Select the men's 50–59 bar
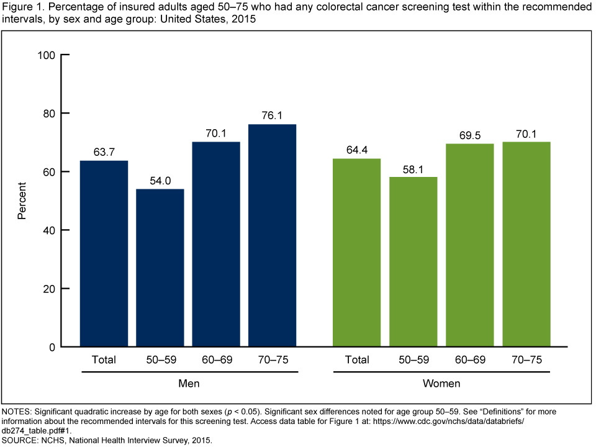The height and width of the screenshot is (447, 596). coord(160,268)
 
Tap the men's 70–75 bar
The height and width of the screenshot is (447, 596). coord(272,235)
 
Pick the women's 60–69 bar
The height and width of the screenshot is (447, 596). coord(470,245)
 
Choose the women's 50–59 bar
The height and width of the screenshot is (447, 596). coord(413,261)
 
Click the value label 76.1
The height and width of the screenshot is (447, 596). coord(272,115)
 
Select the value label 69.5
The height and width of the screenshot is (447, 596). coord(470,134)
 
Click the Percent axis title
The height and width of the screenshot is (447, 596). coord(22,201)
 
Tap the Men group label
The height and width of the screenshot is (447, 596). coord(189,383)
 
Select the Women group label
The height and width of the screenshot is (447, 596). coord(441,383)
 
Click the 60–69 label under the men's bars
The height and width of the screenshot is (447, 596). coord(216,359)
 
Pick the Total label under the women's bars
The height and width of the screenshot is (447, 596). coord(357,359)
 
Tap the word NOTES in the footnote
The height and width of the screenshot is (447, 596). coord(17,412)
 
